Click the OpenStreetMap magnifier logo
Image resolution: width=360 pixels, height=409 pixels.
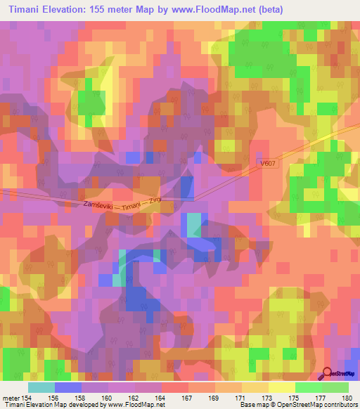click(327, 375)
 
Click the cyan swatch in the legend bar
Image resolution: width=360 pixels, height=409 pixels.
click(41, 387)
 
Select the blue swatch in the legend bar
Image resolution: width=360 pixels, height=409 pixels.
click(67, 387)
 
